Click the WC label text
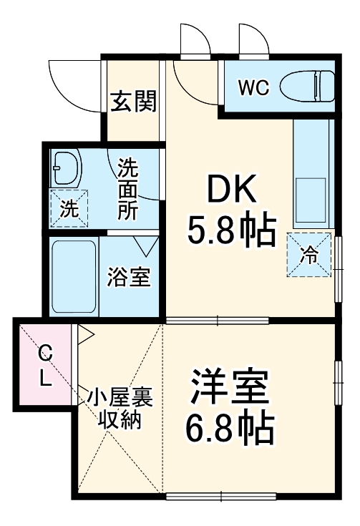pyautogui.click(x=253, y=88)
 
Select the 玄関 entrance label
pyautogui.click(x=132, y=103)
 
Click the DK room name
pyautogui.click(x=231, y=191)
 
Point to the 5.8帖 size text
pyautogui.click(x=231, y=230)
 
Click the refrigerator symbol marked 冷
pyautogui.click(x=310, y=255)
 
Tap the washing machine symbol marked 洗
pyautogui.click(x=68, y=209)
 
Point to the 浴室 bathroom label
pyautogui.click(x=129, y=277)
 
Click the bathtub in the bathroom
pyautogui.click(x=74, y=275)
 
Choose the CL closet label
pyautogui.click(x=45, y=365)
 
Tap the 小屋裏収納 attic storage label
pyautogui.click(x=118, y=408)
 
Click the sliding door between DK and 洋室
pyautogui.click(x=217, y=320)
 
